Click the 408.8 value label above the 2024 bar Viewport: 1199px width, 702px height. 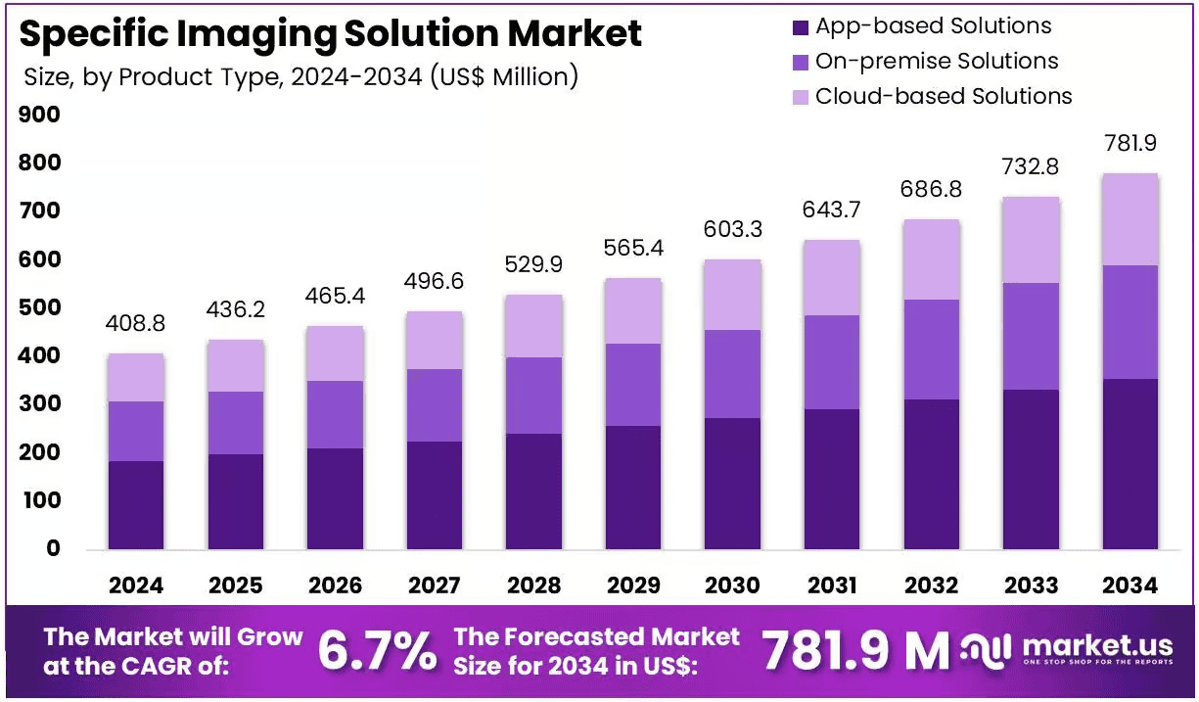coord(135,323)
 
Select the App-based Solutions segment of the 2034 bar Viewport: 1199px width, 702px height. coord(1130,464)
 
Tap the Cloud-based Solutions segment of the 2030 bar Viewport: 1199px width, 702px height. coord(732,295)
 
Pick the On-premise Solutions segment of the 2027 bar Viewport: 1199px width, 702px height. coord(435,405)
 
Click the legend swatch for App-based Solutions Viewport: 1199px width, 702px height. coord(801,27)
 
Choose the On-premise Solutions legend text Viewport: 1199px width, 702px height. coord(937,61)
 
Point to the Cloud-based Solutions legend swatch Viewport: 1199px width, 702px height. coord(801,97)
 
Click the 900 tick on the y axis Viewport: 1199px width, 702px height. coord(39,115)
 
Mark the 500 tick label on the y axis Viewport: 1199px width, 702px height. coord(39,307)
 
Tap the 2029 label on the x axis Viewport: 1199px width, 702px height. coord(633,585)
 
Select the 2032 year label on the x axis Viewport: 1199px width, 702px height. coord(932,585)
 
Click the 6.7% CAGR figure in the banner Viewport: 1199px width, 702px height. coord(377,650)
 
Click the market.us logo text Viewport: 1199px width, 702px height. coord(1097,646)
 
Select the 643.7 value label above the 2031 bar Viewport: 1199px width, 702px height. coord(831,210)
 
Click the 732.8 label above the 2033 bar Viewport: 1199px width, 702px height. coord(1031,166)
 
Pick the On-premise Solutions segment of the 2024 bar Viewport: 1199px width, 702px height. coord(136,431)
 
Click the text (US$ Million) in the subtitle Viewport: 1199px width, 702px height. coord(504,76)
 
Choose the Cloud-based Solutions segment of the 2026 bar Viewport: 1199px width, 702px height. coord(335,353)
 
